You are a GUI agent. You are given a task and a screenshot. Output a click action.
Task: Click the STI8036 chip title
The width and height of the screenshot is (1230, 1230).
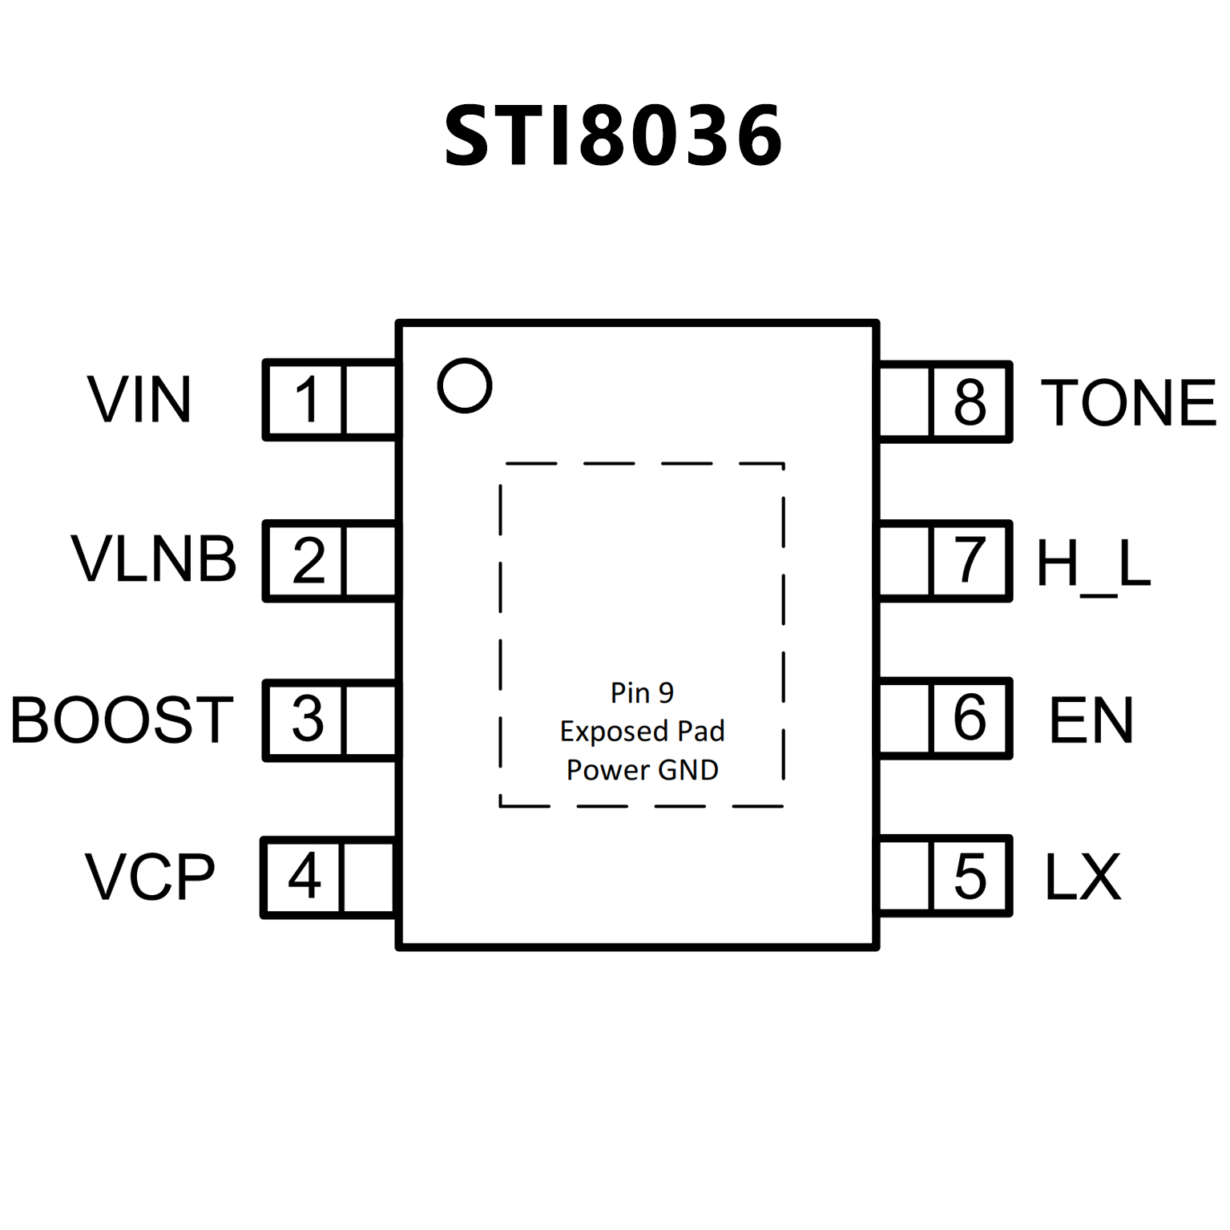(x=613, y=136)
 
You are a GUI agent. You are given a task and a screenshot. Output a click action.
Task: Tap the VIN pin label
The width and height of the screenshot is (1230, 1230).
(x=139, y=399)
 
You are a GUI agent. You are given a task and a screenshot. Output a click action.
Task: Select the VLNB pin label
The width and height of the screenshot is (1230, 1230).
(x=154, y=559)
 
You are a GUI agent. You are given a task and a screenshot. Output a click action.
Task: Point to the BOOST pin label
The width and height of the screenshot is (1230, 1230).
(x=122, y=719)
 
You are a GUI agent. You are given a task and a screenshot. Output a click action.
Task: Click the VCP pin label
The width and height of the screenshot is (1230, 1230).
(x=150, y=877)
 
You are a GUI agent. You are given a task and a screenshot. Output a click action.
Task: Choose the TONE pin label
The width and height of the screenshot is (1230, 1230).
(x=1128, y=402)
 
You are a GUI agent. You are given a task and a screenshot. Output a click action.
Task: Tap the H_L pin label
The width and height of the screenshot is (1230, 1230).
(x=1093, y=563)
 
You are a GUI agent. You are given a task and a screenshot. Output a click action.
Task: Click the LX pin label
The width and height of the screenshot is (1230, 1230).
(x=1083, y=877)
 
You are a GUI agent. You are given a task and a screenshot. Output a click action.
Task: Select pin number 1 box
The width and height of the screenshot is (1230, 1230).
(x=305, y=400)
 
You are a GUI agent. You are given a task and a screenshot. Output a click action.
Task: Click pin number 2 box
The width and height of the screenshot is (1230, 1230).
(x=307, y=560)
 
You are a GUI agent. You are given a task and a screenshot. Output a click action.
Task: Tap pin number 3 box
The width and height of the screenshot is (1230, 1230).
(x=306, y=718)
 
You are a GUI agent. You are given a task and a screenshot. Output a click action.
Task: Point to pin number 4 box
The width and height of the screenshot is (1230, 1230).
(x=304, y=877)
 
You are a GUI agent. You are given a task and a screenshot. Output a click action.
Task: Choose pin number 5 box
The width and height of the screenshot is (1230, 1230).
(x=970, y=876)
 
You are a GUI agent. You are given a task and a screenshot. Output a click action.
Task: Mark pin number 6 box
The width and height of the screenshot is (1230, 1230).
(x=970, y=717)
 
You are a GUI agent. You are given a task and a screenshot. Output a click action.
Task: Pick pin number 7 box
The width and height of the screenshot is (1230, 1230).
(x=970, y=560)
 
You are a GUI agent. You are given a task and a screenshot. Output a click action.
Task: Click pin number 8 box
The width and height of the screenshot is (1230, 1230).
(x=970, y=401)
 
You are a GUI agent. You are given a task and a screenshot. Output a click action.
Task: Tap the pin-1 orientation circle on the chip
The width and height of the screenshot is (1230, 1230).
(x=465, y=385)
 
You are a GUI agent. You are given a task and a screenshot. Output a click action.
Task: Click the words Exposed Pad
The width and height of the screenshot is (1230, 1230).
(x=642, y=731)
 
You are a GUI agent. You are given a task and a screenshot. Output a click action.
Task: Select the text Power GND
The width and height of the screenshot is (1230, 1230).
(x=642, y=770)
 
